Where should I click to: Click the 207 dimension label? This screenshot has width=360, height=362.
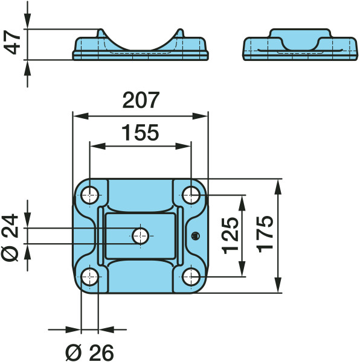141,100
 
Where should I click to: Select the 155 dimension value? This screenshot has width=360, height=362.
140,133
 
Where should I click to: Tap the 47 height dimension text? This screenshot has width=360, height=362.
12,43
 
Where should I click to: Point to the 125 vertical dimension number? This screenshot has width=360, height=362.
230,236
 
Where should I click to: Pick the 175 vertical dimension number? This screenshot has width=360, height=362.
265,234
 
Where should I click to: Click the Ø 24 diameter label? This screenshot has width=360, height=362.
10,238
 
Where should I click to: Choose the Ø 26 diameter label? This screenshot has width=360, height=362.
89,353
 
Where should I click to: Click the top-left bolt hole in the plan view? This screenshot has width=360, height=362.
90,195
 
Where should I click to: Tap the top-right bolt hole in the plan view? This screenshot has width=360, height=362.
191,195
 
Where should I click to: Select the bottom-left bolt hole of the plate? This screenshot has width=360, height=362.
90,276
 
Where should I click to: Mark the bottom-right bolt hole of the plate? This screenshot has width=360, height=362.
191,276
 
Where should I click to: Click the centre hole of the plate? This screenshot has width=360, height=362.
141,236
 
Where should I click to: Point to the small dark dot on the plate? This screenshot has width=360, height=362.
196,236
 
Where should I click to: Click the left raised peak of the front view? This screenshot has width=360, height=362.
101,33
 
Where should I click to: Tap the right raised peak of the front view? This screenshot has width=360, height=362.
180,33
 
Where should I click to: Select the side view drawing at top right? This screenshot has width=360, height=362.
300,45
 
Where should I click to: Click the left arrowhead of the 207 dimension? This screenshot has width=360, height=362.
81,116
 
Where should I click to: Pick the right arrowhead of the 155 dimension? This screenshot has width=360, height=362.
183,146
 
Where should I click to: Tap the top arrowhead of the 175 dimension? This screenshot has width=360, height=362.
278,187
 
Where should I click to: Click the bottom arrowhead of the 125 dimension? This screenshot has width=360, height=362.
242,268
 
